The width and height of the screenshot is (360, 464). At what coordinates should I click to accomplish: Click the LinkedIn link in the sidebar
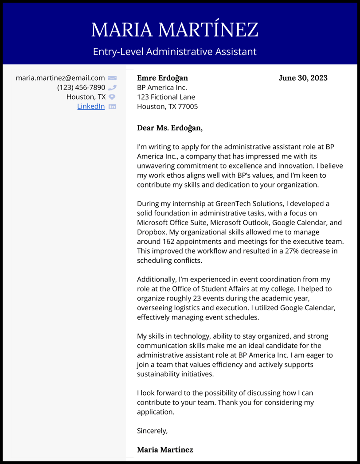tap(91, 106)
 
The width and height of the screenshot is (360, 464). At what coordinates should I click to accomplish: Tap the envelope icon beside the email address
tap(112, 78)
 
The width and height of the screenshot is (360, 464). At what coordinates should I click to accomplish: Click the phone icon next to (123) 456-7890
tap(112, 88)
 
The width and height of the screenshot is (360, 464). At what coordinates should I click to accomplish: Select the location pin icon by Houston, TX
tap(112, 97)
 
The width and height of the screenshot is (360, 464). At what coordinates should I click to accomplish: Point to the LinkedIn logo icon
tap(112, 106)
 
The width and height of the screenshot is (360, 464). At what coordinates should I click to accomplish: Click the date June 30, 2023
tap(303, 78)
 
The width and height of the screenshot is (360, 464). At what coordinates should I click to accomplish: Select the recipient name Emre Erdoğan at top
tap(162, 78)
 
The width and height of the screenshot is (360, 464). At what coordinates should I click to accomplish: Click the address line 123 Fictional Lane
tap(166, 97)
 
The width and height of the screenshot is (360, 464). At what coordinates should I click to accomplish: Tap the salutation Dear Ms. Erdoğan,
tap(170, 128)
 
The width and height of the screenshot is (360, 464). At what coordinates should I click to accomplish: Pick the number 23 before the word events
tap(198, 298)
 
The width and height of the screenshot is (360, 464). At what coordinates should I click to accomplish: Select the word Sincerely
tap(152, 430)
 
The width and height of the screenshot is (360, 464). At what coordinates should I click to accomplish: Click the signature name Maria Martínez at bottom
tap(165, 450)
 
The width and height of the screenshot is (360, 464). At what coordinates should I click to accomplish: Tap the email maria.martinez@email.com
tap(60, 78)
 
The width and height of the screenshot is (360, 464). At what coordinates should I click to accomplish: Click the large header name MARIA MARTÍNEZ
tap(175, 30)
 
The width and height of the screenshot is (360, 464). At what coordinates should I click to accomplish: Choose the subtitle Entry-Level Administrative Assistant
tap(175, 52)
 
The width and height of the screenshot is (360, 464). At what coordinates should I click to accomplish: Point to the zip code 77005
tap(188, 106)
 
